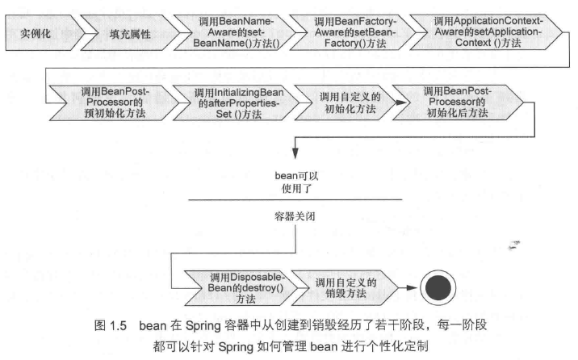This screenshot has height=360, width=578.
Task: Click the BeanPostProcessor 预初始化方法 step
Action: coord(104,103)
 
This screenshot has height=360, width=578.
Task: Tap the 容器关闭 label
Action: coord(295,216)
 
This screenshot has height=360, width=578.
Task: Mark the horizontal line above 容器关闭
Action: coord(295,198)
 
